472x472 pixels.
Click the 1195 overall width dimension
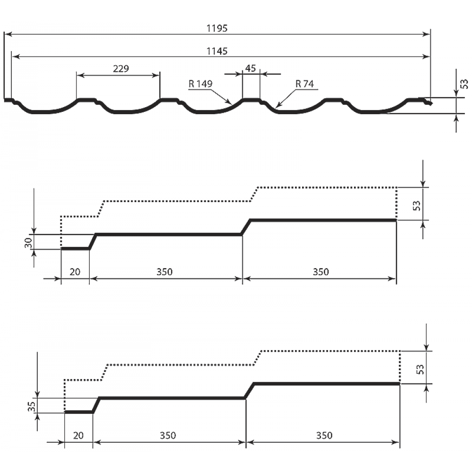click(x=217, y=28)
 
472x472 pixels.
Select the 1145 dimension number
click(x=217, y=51)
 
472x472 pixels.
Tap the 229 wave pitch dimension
click(x=121, y=69)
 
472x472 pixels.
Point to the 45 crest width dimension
click(x=251, y=68)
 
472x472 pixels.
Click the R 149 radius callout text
click(x=201, y=84)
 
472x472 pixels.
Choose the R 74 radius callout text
click(x=304, y=84)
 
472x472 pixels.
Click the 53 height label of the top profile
click(x=464, y=84)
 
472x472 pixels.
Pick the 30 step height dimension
click(x=28, y=242)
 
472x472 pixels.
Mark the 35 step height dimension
click(x=32, y=406)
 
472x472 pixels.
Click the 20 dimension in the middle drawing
click(x=75, y=272)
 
